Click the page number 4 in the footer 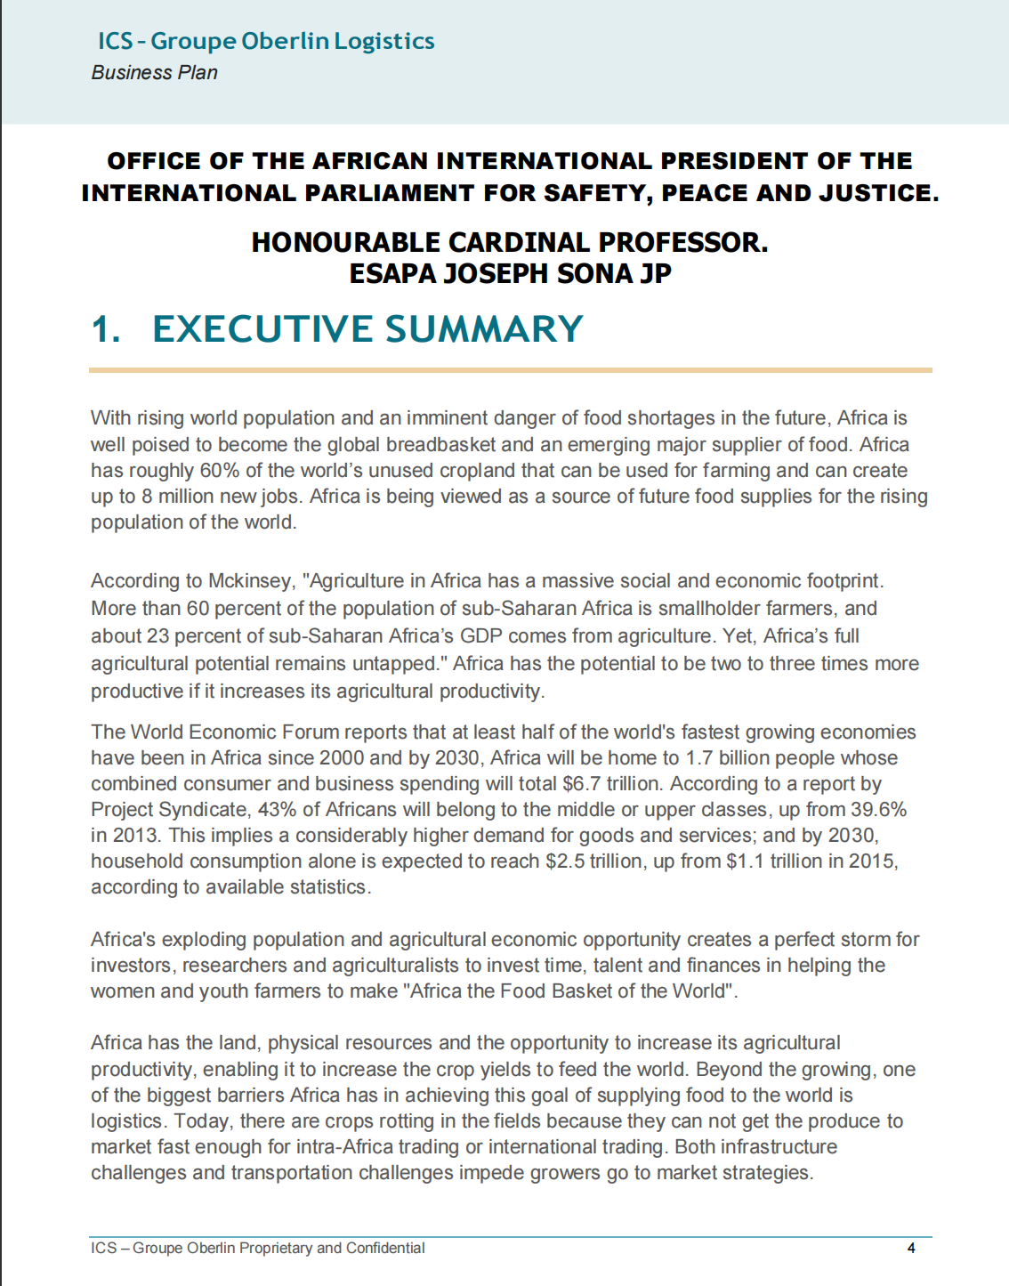click(x=911, y=1248)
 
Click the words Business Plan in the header click(x=154, y=73)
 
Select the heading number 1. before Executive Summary click(x=106, y=329)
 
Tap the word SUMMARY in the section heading click(x=484, y=329)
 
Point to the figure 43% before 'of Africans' click(x=277, y=809)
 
